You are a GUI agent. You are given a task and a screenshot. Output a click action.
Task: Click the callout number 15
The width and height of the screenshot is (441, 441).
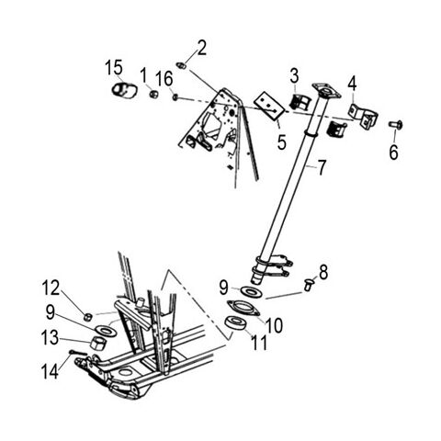113,67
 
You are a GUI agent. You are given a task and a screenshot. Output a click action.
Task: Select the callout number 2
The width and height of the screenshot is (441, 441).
202,46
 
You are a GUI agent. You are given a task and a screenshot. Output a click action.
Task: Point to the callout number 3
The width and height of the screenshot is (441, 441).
294,73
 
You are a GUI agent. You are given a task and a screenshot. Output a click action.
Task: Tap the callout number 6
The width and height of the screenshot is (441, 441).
393,153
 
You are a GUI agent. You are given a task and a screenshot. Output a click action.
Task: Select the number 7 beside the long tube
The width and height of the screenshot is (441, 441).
322,169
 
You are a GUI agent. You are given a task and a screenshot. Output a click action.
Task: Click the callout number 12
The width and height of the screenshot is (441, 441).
53,288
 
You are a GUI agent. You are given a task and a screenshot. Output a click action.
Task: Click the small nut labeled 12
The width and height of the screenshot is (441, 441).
87,315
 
